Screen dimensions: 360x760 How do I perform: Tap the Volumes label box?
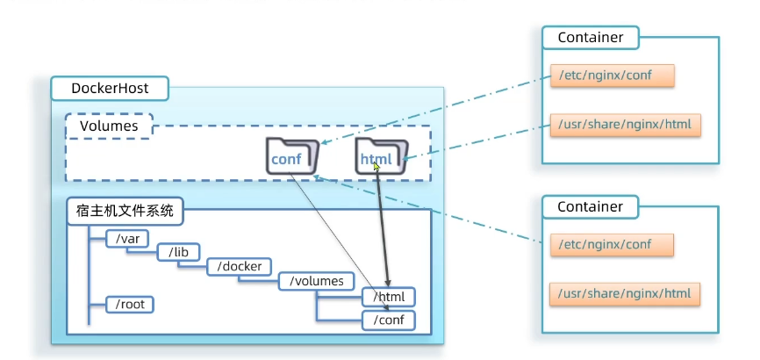click(x=109, y=126)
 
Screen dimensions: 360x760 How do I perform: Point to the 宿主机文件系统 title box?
click(x=125, y=211)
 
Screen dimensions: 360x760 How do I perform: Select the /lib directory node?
click(x=179, y=252)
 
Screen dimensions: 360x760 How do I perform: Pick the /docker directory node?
click(x=240, y=266)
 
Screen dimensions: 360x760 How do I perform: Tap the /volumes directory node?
click(x=317, y=282)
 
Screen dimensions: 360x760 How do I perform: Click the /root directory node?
click(x=129, y=305)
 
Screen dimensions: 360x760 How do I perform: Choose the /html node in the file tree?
click(x=388, y=298)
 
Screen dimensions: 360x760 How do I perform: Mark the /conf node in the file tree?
click(x=388, y=320)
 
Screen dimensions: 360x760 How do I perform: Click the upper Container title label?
click(x=590, y=38)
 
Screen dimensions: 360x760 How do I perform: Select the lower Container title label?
click(x=590, y=207)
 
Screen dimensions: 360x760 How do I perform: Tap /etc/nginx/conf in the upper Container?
click(x=612, y=76)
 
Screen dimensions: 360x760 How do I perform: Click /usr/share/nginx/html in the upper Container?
click(x=626, y=125)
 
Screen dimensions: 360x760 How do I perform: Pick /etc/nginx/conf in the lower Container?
click(x=612, y=245)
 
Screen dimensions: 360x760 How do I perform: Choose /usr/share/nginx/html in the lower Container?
click(x=626, y=293)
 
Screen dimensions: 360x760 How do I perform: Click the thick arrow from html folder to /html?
click(x=382, y=228)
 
